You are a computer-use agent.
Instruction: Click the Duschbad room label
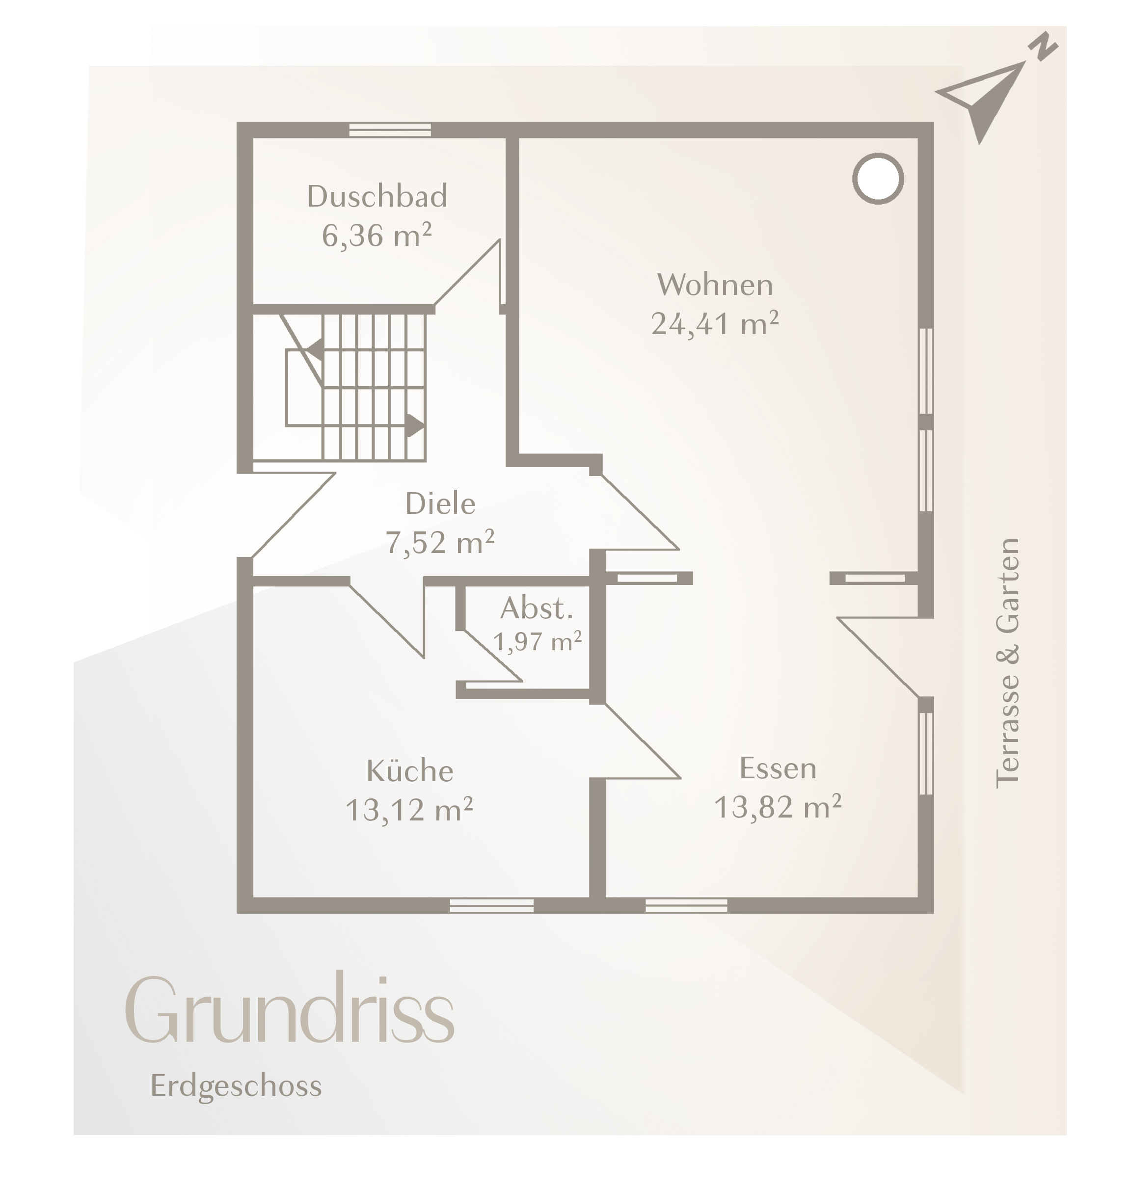(x=377, y=196)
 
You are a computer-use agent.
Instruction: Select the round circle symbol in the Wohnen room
(x=878, y=179)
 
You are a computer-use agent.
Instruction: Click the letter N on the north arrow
(x=1044, y=48)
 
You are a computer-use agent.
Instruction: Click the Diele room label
(x=440, y=504)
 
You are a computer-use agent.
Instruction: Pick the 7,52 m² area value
(x=440, y=542)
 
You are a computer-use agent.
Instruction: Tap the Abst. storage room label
(x=536, y=609)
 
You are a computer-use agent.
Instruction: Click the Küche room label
(x=410, y=771)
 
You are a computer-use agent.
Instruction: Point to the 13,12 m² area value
(x=409, y=810)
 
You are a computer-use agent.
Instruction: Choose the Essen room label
(x=778, y=768)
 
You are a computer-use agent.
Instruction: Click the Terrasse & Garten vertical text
(x=1007, y=663)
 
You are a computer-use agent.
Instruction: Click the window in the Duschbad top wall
(x=390, y=130)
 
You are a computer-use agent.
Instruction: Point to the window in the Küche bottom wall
(x=491, y=905)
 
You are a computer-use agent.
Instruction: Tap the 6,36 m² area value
(x=377, y=235)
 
